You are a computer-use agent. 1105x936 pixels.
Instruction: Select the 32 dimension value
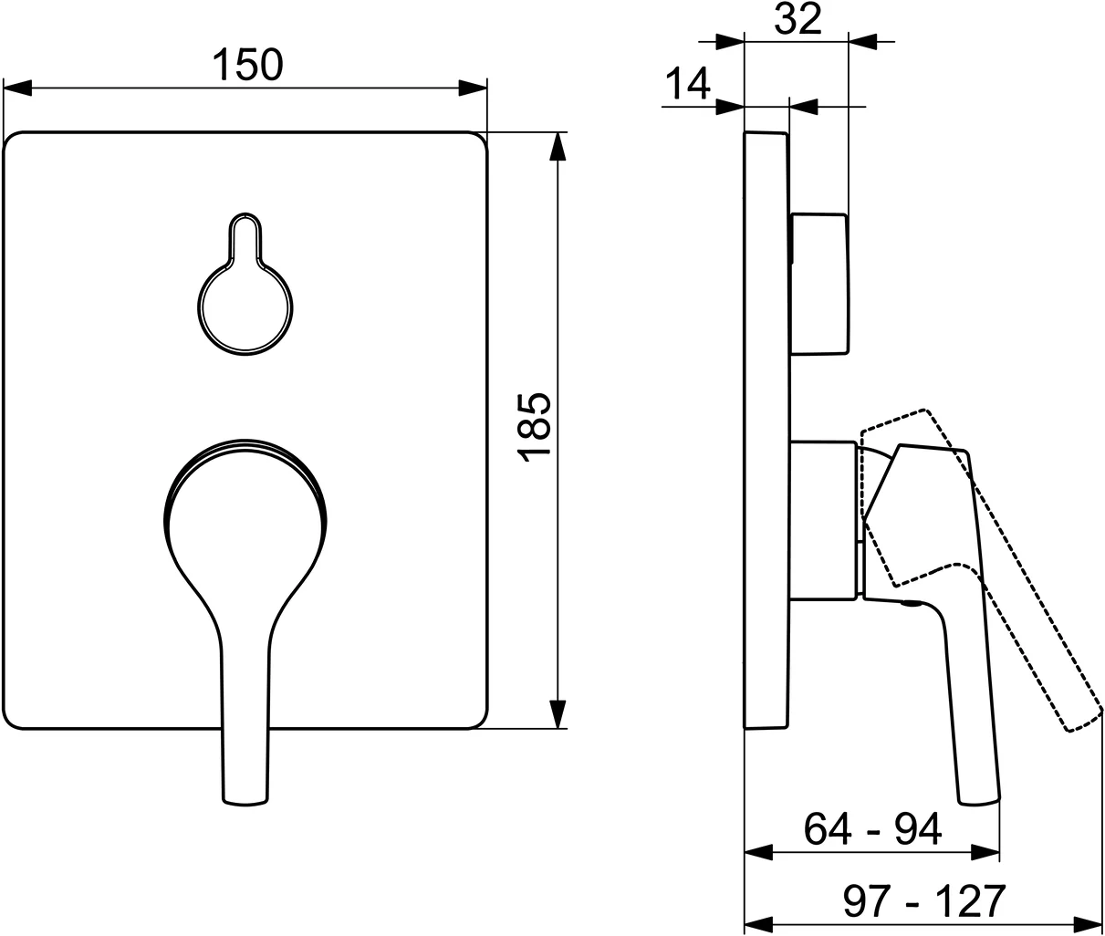(x=797, y=20)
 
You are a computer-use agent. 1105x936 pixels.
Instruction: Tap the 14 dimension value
(x=686, y=85)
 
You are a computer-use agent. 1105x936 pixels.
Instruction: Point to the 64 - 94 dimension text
(x=872, y=829)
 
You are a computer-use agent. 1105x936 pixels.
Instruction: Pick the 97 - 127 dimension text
(x=923, y=900)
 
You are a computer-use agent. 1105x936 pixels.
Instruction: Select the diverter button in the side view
(x=818, y=283)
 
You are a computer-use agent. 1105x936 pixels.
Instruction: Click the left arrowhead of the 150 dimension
(x=18, y=88)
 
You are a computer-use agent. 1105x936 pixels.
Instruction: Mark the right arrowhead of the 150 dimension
(x=473, y=88)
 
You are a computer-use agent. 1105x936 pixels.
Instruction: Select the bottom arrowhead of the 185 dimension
(x=556, y=714)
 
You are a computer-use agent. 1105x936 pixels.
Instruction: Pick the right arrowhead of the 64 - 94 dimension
(x=986, y=852)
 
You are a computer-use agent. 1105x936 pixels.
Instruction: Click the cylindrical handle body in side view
(x=824, y=520)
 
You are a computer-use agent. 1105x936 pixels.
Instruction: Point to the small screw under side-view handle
(x=912, y=603)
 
